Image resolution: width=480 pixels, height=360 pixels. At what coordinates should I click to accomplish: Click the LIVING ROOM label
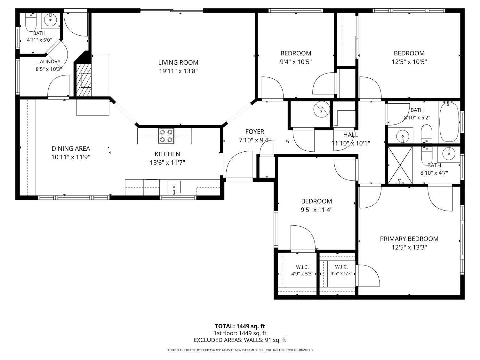[x=178, y=62]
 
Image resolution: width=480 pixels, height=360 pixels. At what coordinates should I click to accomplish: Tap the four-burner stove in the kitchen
[x=166, y=136]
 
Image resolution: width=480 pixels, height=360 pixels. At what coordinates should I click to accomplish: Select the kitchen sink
[x=174, y=187]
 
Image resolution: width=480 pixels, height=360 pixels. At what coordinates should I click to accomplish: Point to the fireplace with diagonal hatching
[x=84, y=80]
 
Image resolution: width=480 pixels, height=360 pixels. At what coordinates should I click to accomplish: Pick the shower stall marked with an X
[x=400, y=165]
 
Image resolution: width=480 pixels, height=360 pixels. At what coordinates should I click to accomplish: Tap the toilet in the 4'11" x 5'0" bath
[x=31, y=22]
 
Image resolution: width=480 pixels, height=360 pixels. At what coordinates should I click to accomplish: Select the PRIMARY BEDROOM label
[x=409, y=239]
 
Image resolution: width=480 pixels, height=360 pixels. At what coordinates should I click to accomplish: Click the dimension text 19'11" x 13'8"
[x=178, y=71]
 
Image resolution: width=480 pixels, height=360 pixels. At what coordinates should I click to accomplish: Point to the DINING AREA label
[x=71, y=148]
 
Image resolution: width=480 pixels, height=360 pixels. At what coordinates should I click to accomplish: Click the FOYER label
[x=255, y=132]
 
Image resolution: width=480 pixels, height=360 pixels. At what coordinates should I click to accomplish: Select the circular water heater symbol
[x=322, y=109]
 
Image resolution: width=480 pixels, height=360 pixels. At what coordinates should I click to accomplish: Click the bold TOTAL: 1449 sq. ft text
[x=240, y=326]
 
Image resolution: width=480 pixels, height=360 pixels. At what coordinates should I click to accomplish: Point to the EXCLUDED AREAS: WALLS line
[x=240, y=340]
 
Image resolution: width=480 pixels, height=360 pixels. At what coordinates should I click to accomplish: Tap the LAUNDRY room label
[x=49, y=62]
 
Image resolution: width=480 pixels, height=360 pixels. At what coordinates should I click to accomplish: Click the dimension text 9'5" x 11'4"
[x=317, y=210]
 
